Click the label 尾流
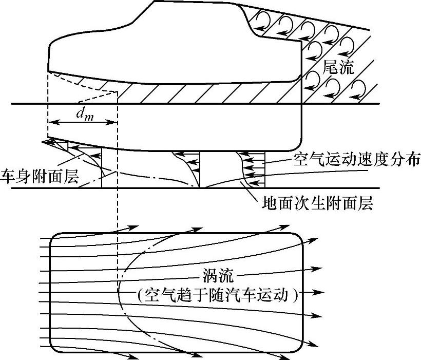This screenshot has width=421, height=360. pos(338,68)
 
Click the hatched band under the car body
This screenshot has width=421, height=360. pos(205,93)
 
